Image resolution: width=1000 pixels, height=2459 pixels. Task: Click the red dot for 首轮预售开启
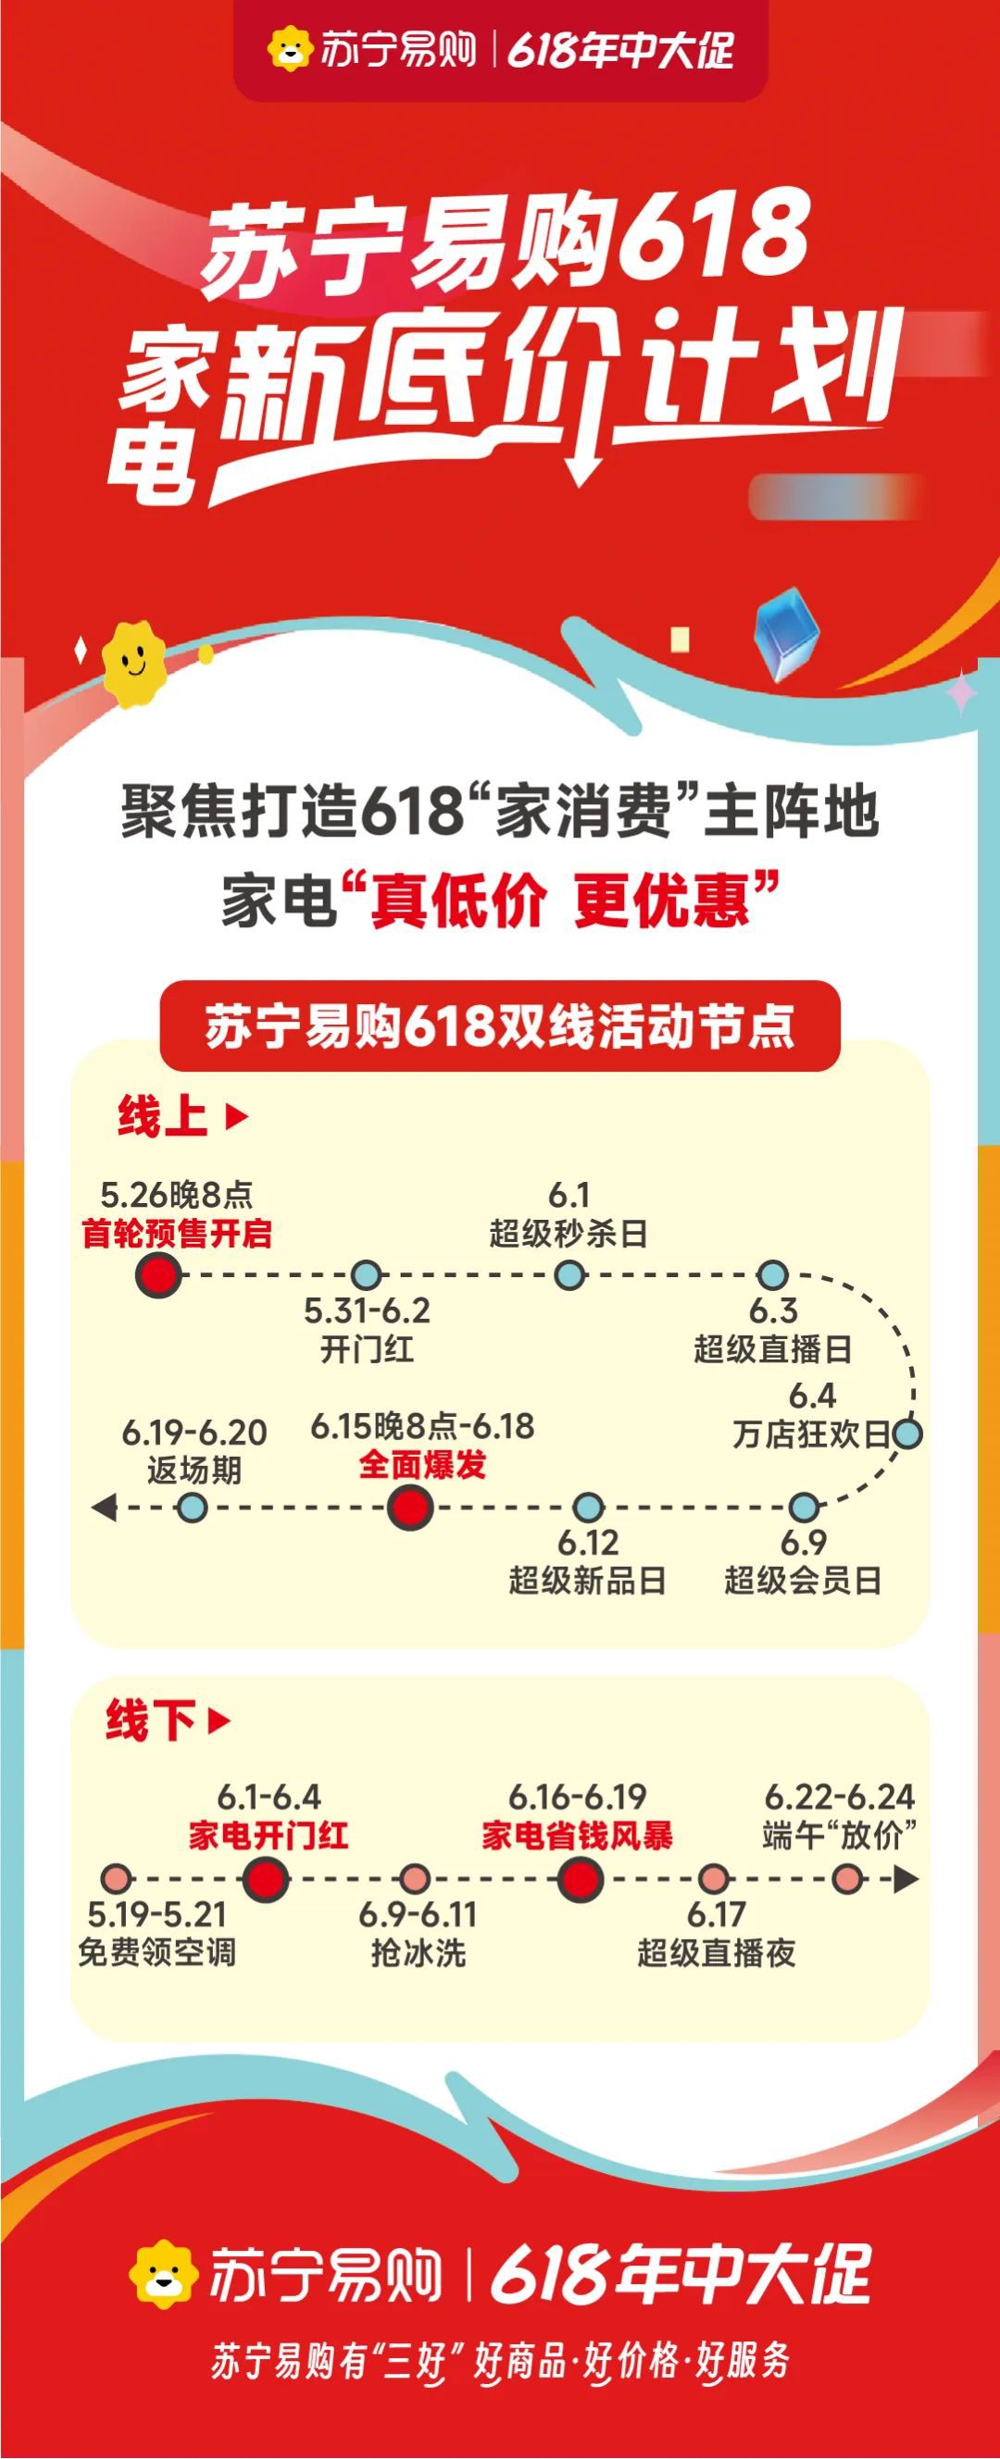[158, 1275]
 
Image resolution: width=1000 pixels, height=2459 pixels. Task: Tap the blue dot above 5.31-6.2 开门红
[366, 1274]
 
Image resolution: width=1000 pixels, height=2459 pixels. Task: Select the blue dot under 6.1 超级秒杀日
[569, 1274]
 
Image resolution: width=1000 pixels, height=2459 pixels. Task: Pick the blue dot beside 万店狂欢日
[907, 1434]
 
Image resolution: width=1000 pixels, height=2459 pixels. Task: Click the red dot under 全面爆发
[411, 1509]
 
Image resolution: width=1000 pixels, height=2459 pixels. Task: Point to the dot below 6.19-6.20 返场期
[193, 1509]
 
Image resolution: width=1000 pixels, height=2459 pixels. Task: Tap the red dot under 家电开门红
[266, 1880]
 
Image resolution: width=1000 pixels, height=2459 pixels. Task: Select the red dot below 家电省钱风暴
[579, 1880]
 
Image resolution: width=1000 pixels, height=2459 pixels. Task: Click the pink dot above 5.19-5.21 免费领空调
[117, 1880]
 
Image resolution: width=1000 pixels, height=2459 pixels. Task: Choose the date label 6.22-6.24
[840, 1797]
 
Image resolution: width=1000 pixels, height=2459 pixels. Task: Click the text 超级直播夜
[717, 1953]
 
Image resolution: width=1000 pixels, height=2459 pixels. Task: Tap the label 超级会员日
[802, 1581]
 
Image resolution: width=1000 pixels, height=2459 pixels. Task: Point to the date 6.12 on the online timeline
[587, 1543]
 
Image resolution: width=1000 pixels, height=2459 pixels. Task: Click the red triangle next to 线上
[236, 1116]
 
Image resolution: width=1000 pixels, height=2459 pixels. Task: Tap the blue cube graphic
[787, 638]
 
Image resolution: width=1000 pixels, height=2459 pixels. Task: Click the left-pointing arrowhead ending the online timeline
[103, 1509]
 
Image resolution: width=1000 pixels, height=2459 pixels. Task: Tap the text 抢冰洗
[419, 1953]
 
